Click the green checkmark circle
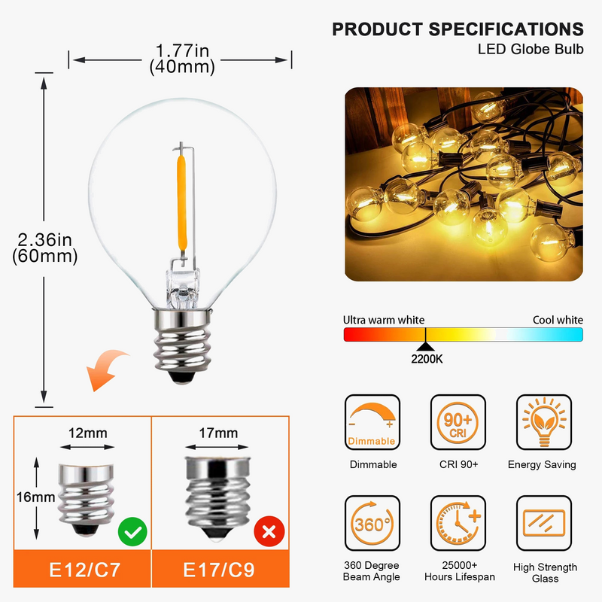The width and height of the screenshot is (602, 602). (132, 532)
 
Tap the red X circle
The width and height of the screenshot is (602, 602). (269, 531)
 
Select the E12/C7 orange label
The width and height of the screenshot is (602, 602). (82, 569)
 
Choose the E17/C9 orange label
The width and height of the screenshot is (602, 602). (220, 569)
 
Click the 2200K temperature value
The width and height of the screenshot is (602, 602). (427, 359)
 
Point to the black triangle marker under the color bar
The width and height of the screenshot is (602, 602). (425, 347)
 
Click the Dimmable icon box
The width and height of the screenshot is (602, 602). (372, 422)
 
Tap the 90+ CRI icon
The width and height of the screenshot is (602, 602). (458, 422)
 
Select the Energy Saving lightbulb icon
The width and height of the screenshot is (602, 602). (544, 422)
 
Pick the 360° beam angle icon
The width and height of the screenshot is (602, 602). (372, 523)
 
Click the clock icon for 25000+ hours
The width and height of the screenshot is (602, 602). (458, 523)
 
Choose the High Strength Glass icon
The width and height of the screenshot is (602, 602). (544, 523)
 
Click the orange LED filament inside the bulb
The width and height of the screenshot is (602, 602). (181, 202)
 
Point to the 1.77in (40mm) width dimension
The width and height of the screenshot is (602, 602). (182, 59)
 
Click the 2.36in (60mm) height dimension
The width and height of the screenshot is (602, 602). (44, 248)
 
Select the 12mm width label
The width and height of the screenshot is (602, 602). (87, 433)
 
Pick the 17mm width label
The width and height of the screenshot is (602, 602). (218, 433)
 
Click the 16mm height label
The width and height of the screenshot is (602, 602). (35, 497)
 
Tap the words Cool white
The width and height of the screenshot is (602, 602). (558, 320)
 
